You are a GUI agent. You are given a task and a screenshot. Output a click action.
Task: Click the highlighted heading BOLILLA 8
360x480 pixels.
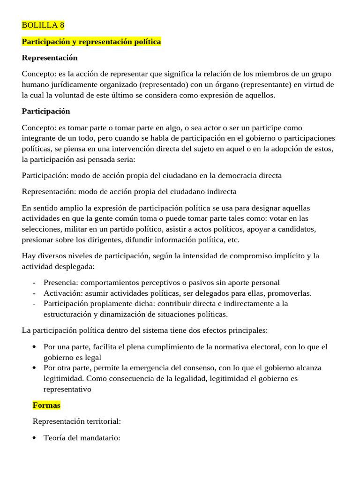(x=43, y=25)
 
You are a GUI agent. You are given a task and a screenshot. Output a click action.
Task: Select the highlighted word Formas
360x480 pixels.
(x=46, y=405)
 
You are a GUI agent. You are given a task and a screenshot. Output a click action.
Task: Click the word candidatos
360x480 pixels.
(x=299, y=229)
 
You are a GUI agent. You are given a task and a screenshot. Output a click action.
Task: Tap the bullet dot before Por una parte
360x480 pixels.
(x=35, y=347)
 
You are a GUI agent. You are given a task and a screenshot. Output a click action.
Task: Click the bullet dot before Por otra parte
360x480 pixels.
(x=35, y=367)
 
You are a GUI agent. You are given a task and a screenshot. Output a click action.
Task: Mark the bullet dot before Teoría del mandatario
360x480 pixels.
(x=35, y=438)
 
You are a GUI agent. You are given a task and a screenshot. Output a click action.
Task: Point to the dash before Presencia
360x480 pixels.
(x=34, y=283)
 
